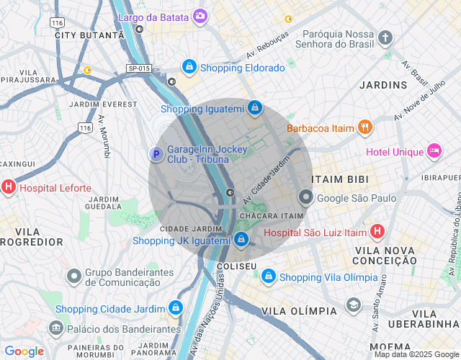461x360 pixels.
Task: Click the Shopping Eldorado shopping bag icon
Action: point(189,67)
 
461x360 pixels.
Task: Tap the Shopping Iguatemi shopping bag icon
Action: point(254,109)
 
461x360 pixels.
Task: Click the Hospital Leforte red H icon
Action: point(9,188)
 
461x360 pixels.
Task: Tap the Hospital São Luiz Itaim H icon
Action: point(377,232)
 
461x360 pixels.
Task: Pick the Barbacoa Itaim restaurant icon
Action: point(365,127)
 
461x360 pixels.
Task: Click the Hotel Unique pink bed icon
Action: point(434,150)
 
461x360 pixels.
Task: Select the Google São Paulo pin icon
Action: point(306,197)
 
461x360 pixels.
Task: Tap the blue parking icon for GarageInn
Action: point(156,153)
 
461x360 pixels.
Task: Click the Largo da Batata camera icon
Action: point(200,15)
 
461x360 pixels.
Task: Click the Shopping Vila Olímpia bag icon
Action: point(268,276)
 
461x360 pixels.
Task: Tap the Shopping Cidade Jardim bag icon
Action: point(174,308)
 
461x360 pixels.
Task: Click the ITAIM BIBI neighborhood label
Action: point(339,179)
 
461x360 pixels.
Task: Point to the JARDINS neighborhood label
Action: point(383,85)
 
